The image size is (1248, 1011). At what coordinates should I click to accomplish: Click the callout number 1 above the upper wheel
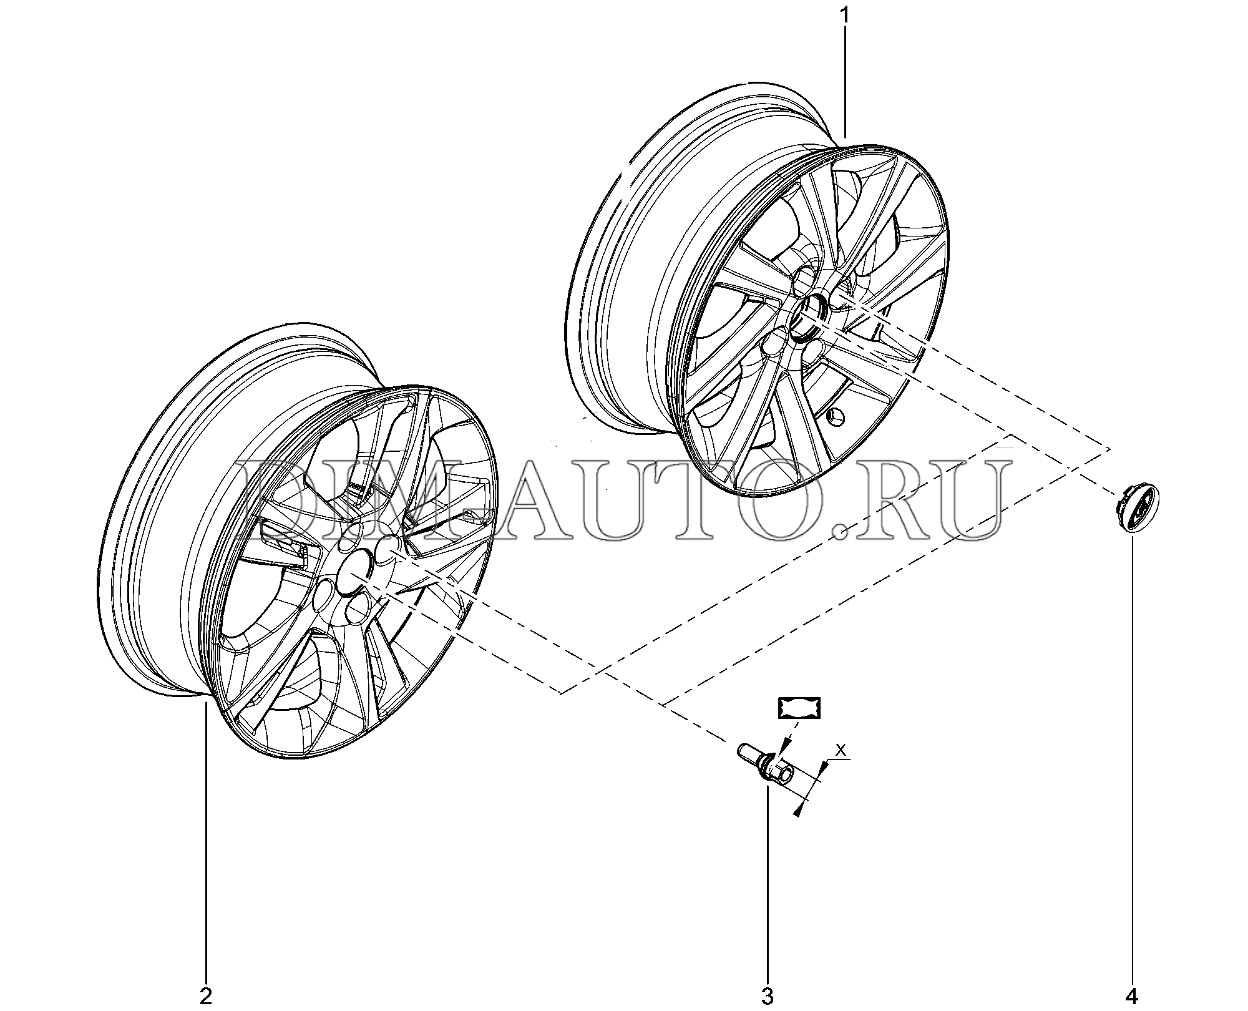(x=846, y=16)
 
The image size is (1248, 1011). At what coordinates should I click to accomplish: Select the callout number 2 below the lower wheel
(x=206, y=997)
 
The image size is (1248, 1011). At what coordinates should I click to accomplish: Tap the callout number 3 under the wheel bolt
(x=767, y=997)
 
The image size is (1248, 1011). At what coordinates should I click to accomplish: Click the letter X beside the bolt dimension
(x=842, y=750)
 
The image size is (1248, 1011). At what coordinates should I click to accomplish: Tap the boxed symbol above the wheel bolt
(x=799, y=708)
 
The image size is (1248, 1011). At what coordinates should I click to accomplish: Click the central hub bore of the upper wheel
(x=809, y=313)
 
